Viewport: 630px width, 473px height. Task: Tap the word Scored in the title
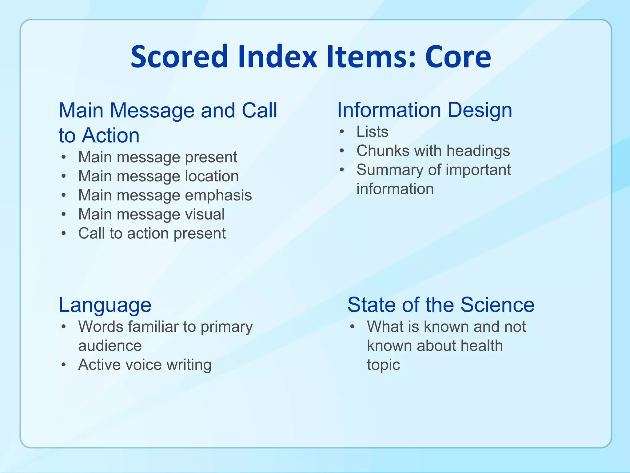pyautogui.click(x=179, y=57)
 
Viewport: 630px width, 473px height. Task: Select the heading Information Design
pyautogui.click(x=425, y=110)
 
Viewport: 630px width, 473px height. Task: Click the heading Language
pyautogui.click(x=105, y=305)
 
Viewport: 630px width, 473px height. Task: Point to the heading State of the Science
pyautogui.click(x=441, y=305)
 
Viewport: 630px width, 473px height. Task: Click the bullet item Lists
pyautogui.click(x=372, y=132)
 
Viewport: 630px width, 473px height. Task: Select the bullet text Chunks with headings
pyautogui.click(x=433, y=151)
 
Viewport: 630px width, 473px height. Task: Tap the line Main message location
pyautogui.click(x=158, y=176)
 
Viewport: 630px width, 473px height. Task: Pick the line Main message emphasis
pyautogui.click(x=165, y=196)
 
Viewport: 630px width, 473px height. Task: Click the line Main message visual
pyautogui.click(x=151, y=214)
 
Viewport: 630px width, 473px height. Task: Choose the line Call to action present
pyautogui.click(x=152, y=233)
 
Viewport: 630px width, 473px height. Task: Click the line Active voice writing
pyautogui.click(x=145, y=365)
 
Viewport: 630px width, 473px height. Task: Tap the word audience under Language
pyautogui.click(x=110, y=346)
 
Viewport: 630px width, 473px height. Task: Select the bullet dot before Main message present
pyautogui.click(x=64, y=157)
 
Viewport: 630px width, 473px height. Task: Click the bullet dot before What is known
pyautogui.click(x=353, y=327)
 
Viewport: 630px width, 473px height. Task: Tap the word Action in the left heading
pyautogui.click(x=110, y=135)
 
